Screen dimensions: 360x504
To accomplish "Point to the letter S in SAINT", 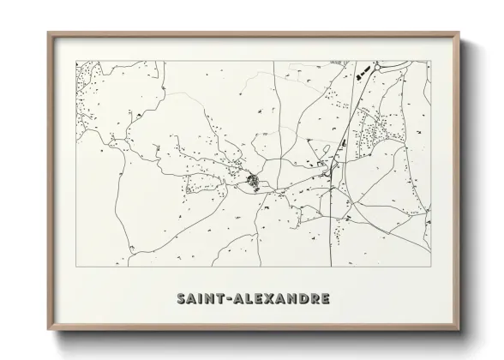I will pyautogui.click(x=182, y=299).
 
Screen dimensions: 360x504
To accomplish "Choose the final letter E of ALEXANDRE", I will pyautogui.click(x=321, y=299).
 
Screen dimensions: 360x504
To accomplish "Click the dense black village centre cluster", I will pyautogui.click(x=253, y=180).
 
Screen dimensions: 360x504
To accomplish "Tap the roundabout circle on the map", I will pyautogui.click(x=380, y=65).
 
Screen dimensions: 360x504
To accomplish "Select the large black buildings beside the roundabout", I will pyautogui.click(x=363, y=69).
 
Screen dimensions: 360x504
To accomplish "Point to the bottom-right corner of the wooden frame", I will pyautogui.click(x=459, y=332).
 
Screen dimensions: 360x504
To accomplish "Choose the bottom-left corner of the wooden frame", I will pyautogui.click(x=49, y=332).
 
